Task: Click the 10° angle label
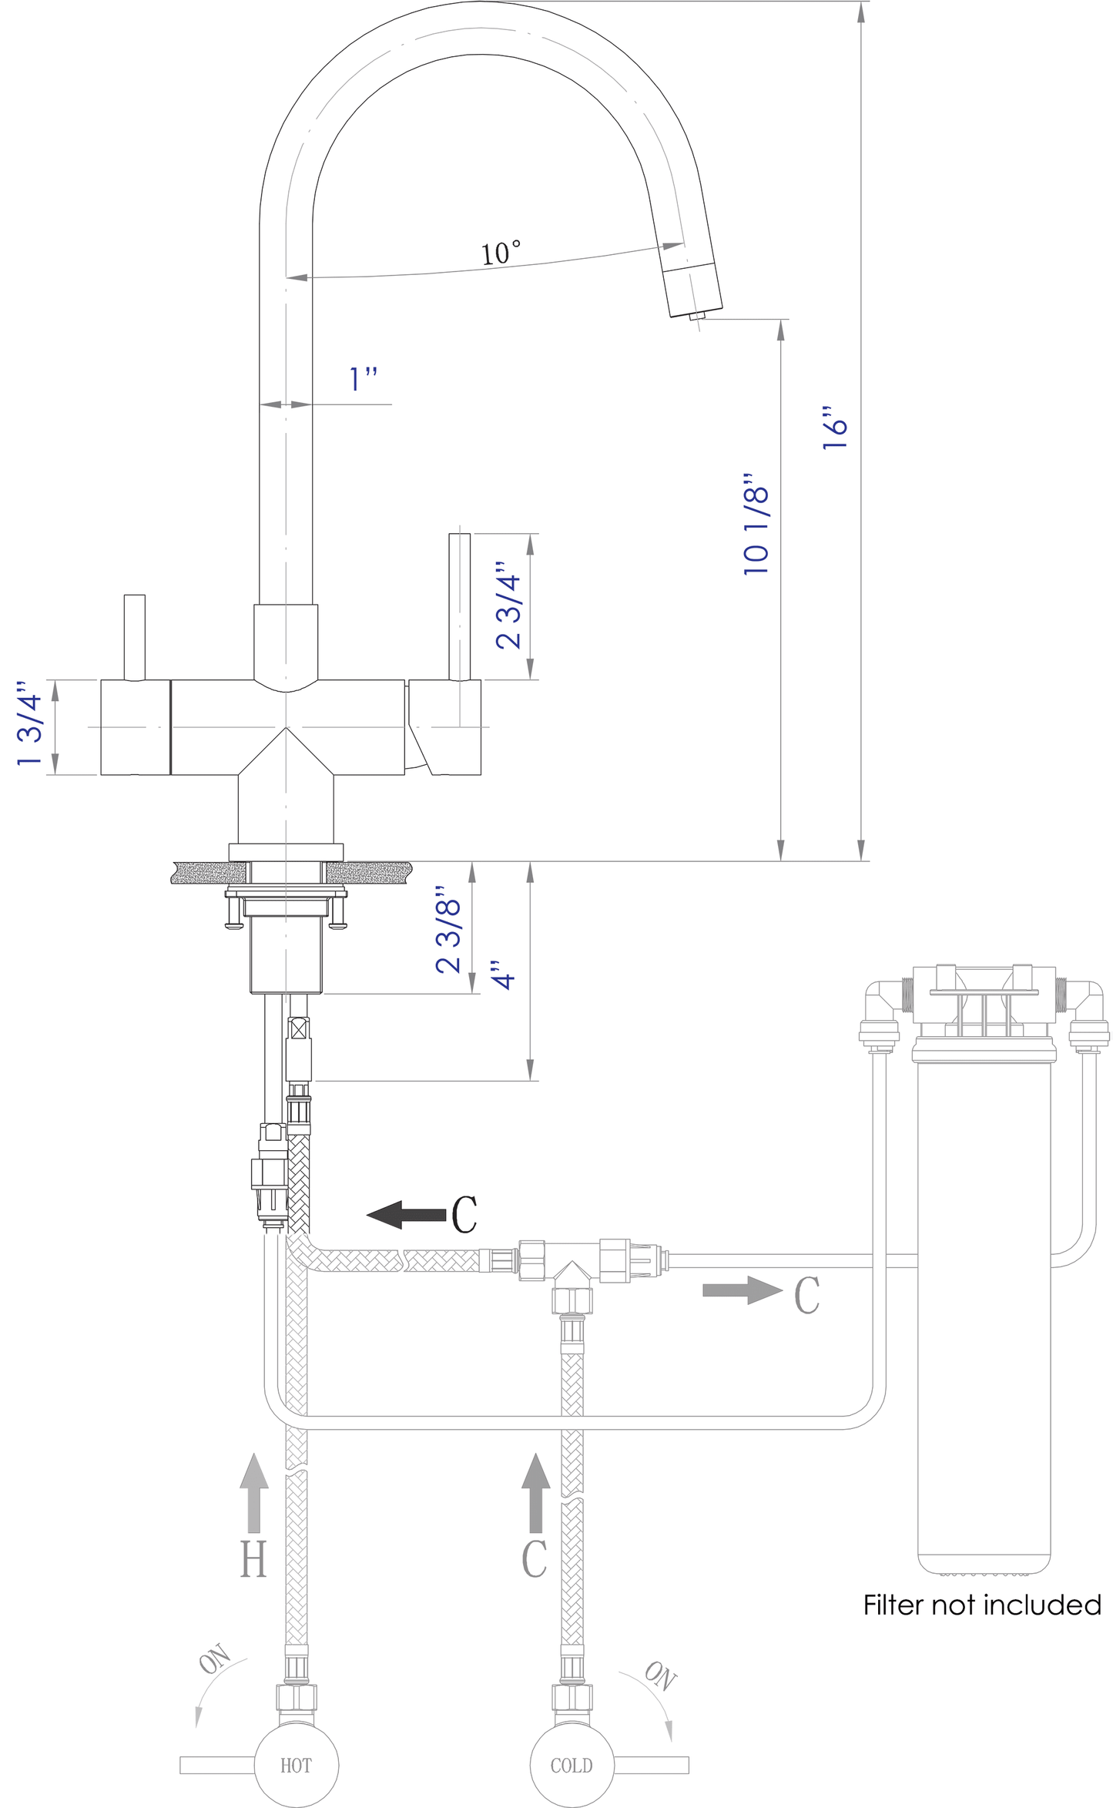(x=501, y=253)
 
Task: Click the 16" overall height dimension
(x=834, y=428)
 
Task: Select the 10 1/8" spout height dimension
(x=756, y=524)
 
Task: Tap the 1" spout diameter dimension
(x=363, y=379)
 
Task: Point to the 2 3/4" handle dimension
(x=508, y=605)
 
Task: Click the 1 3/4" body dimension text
(x=29, y=723)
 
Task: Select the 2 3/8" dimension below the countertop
(x=448, y=935)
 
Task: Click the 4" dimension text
(x=503, y=975)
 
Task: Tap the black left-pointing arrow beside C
(x=405, y=1215)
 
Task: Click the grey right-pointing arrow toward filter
(x=742, y=1290)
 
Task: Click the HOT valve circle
(x=296, y=1765)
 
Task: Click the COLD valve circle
(x=572, y=1765)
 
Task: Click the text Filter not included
(x=981, y=1605)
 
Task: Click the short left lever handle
(x=135, y=637)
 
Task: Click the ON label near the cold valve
(x=660, y=1676)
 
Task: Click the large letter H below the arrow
(x=253, y=1559)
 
